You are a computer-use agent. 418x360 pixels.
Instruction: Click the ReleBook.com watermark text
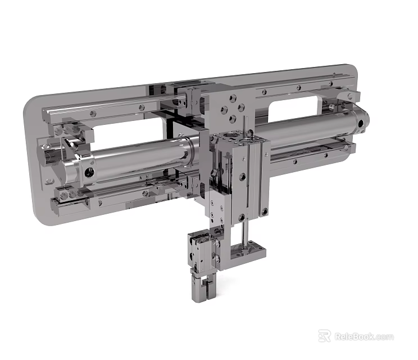(x=364, y=337)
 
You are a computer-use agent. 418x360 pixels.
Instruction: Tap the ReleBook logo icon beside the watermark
(x=324, y=336)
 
